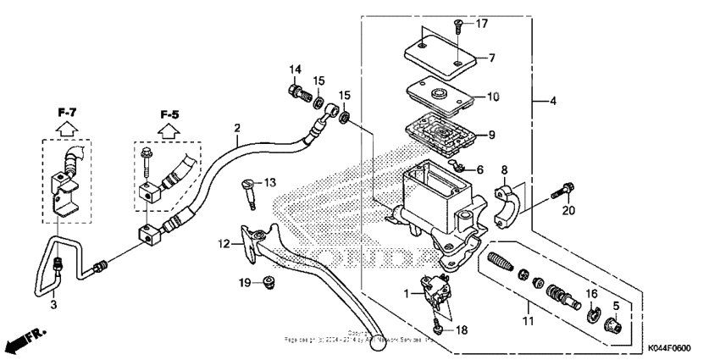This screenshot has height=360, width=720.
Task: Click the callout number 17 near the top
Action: point(482,23)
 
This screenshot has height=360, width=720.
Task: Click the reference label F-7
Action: point(68,112)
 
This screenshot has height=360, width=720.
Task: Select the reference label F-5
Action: point(169,113)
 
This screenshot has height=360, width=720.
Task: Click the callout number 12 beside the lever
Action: point(224,244)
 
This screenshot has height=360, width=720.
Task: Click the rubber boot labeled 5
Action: point(618,324)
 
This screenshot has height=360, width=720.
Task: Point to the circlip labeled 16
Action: point(595,316)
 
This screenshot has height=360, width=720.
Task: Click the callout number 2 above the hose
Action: point(237,129)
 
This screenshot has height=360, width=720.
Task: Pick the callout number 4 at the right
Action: point(551,102)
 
